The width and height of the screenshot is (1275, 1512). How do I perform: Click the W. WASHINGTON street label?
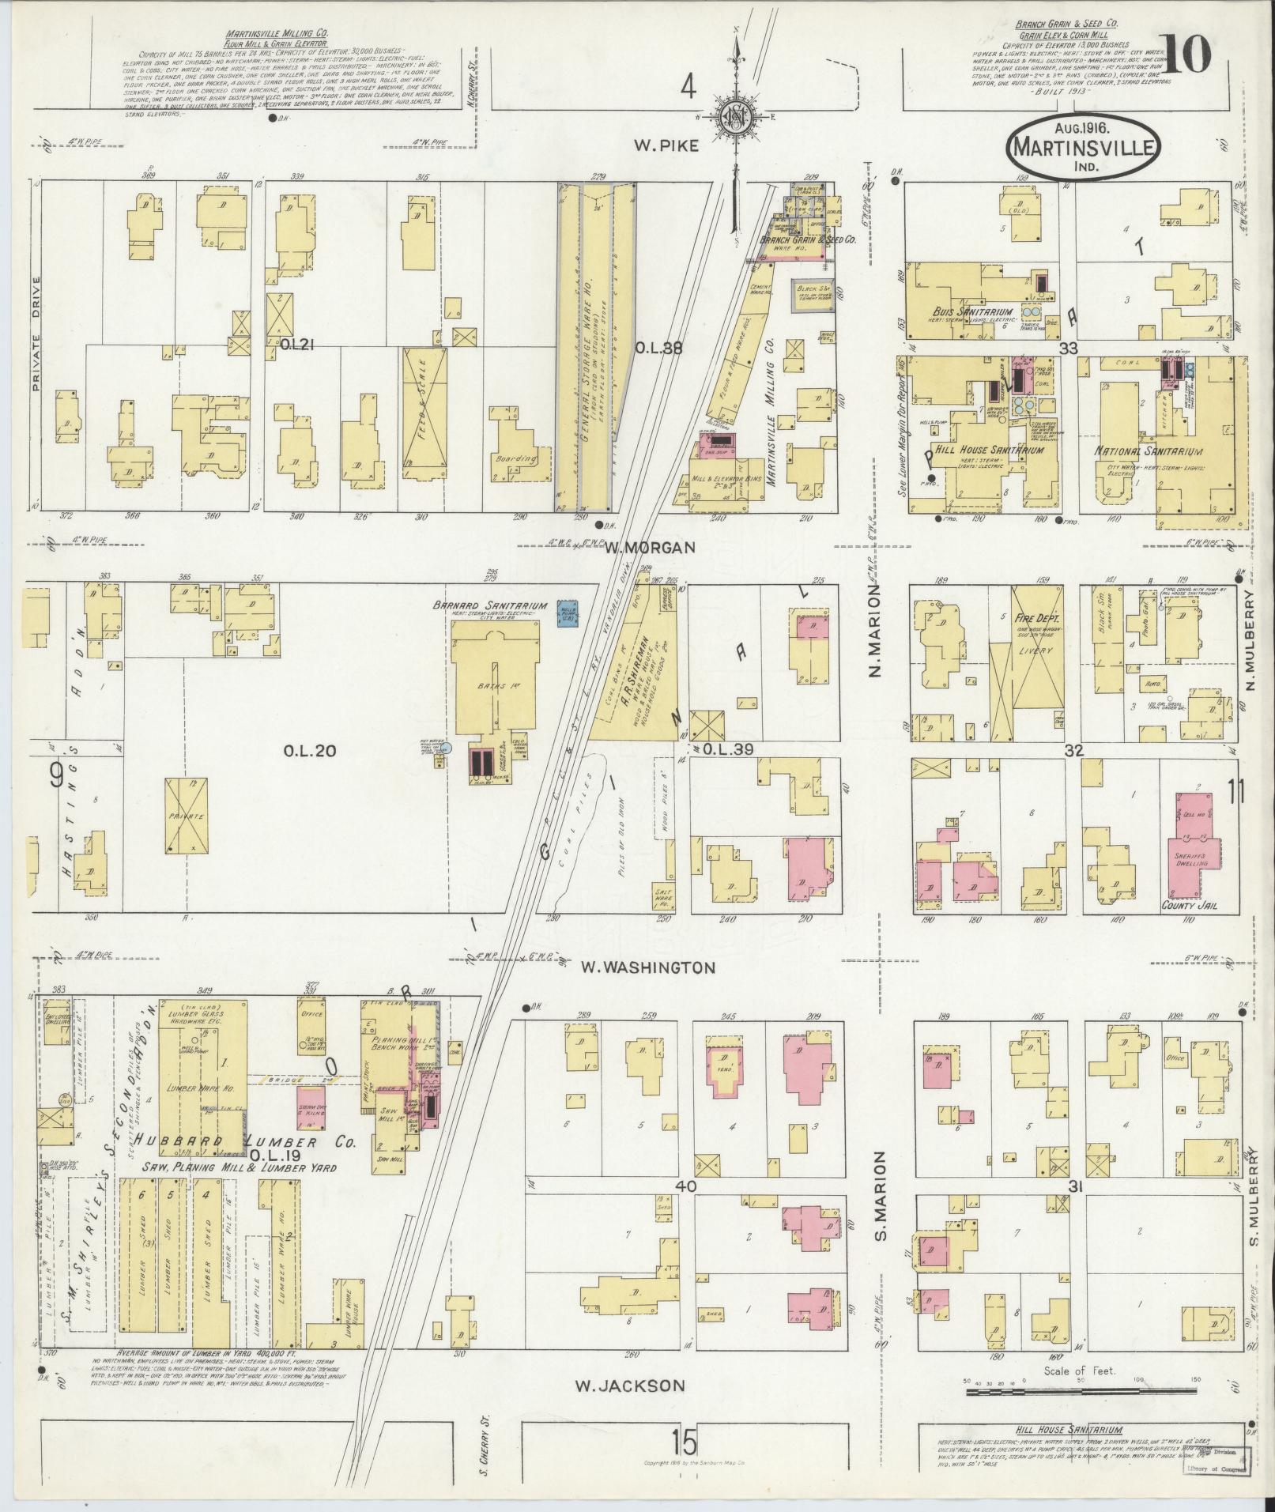coord(647,967)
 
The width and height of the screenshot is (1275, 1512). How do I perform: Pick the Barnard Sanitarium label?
coord(488,606)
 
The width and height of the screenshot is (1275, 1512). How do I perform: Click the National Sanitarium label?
coord(1149,451)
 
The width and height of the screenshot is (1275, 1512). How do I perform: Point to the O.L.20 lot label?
coord(310,750)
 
